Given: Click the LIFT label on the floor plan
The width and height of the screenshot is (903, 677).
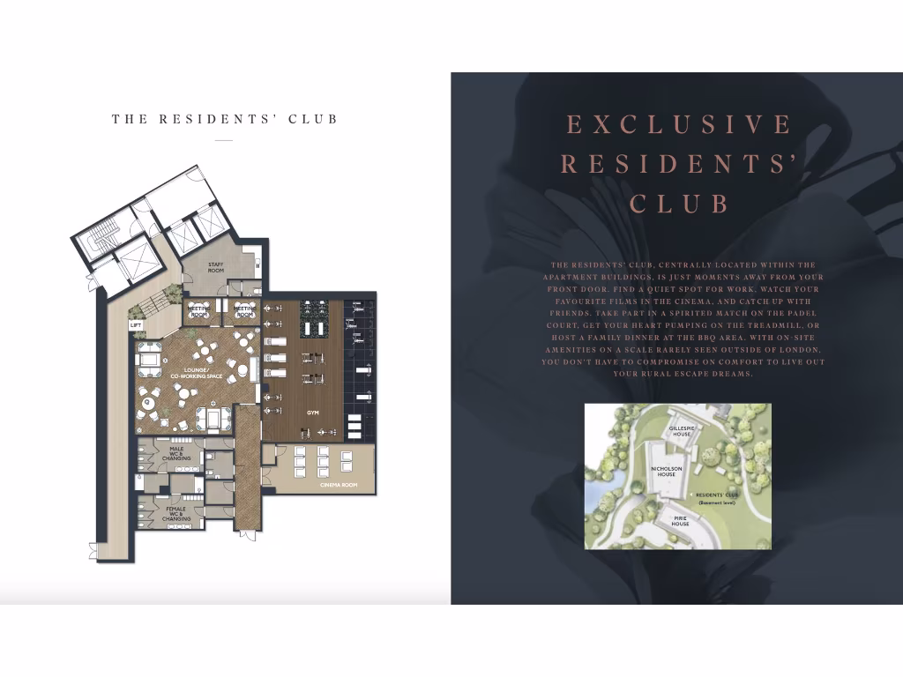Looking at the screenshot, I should click(x=136, y=325).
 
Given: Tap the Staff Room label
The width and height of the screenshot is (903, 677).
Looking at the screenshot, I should click(x=216, y=267).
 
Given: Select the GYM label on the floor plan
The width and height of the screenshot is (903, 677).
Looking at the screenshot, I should click(x=312, y=413).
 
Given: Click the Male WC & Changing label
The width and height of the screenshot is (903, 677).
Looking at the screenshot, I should click(x=176, y=454).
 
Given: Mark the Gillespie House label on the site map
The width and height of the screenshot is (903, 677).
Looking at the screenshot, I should click(x=683, y=431).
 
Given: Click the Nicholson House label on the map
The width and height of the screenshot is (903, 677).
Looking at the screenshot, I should click(x=663, y=472).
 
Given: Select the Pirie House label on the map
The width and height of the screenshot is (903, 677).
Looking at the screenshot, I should click(x=680, y=521).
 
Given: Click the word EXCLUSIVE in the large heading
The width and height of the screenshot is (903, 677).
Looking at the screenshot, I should click(x=679, y=124).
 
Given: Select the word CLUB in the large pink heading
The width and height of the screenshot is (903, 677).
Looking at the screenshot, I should click(x=680, y=205).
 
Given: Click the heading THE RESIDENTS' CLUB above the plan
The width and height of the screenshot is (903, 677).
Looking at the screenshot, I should click(x=225, y=119).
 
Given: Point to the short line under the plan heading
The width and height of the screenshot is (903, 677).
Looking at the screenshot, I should click(x=224, y=140).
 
